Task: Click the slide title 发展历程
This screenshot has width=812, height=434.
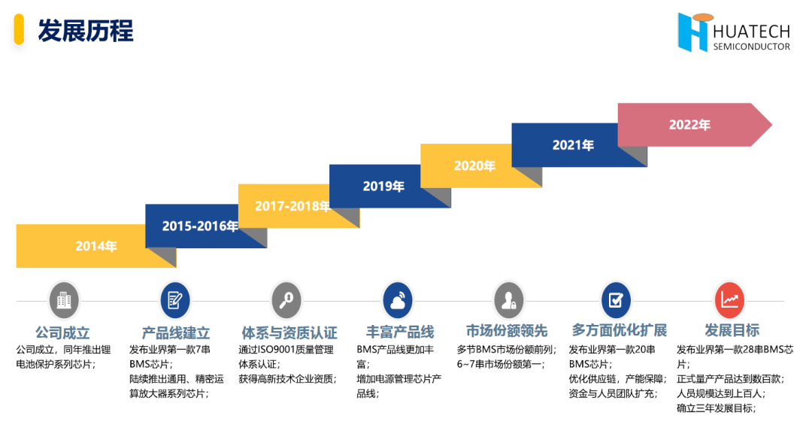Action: (x=86, y=31)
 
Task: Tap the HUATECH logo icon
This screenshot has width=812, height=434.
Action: (x=692, y=32)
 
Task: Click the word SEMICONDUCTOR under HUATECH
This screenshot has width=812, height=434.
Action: (x=752, y=47)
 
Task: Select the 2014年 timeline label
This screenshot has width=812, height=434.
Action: (x=96, y=246)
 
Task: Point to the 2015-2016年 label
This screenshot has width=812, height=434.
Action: (x=200, y=226)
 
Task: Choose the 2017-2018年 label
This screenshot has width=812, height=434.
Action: (x=292, y=205)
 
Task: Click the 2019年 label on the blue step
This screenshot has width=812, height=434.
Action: (x=383, y=186)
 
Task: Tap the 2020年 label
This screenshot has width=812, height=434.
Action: (x=474, y=165)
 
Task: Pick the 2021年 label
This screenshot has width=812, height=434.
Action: (x=573, y=145)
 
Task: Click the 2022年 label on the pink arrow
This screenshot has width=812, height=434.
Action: (x=689, y=125)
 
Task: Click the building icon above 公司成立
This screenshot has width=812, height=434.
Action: (x=64, y=301)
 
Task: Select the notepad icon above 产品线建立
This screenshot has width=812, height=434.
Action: (x=175, y=301)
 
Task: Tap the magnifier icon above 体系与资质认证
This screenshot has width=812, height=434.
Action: (x=286, y=301)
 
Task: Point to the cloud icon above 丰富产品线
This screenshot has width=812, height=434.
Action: (x=398, y=301)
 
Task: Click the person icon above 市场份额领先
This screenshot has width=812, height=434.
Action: (x=508, y=301)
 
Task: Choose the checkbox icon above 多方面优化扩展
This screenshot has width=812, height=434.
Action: (x=617, y=301)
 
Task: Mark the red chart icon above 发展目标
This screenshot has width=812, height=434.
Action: (x=729, y=301)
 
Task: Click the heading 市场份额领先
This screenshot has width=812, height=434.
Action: (x=507, y=331)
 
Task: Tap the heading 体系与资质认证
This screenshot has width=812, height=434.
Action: (x=289, y=332)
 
